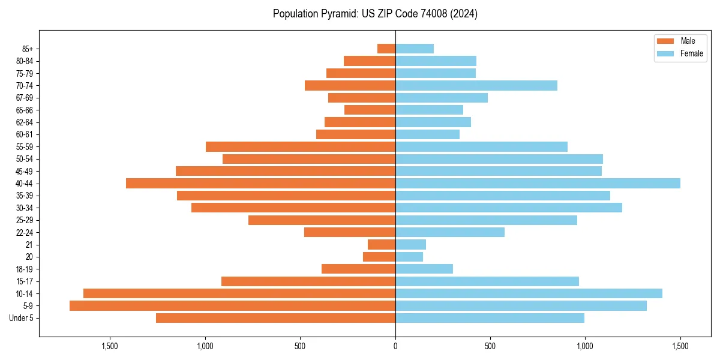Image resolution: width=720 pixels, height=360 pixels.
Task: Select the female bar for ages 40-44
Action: click(x=538, y=184)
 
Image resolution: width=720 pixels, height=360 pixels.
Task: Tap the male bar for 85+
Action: click(x=386, y=49)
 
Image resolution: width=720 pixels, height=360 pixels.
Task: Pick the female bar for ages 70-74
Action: click(x=476, y=86)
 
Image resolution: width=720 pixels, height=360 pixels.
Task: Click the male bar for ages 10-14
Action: click(x=239, y=293)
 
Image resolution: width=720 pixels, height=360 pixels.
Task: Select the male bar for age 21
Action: click(x=382, y=245)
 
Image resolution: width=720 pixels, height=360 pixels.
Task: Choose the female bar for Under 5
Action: click(x=490, y=318)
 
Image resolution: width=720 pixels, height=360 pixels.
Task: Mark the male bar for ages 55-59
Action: click(x=301, y=147)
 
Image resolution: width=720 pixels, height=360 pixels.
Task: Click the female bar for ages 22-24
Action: click(x=450, y=232)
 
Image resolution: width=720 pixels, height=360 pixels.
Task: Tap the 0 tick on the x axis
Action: click(x=395, y=346)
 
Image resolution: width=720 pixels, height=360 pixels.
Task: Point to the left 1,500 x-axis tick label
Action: click(x=110, y=346)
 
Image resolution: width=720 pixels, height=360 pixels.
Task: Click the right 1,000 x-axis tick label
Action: click(x=585, y=346)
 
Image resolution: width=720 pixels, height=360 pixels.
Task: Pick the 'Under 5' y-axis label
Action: click(x=22, y=318)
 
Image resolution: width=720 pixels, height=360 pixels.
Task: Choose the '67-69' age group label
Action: click(x=24, y=98)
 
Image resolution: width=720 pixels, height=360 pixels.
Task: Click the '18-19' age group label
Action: click(x=24, y=269)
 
